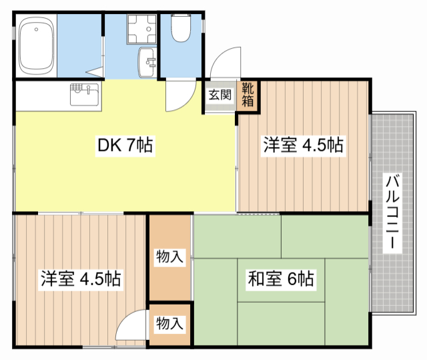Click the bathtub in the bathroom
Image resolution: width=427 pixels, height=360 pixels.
(x=37, y=46)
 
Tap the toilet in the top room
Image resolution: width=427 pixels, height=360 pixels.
(x=181, y=29)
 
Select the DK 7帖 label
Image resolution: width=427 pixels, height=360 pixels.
(x=126, y=145)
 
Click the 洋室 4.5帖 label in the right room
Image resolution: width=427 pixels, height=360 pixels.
(x=302, y=144)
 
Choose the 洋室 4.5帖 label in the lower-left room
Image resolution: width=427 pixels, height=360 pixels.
(x=80, y=278)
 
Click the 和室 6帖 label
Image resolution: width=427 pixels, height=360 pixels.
(x=280, y=278)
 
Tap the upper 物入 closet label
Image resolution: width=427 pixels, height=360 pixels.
(x=169, y=256)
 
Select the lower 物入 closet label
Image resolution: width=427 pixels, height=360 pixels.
(x=169, y=323)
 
